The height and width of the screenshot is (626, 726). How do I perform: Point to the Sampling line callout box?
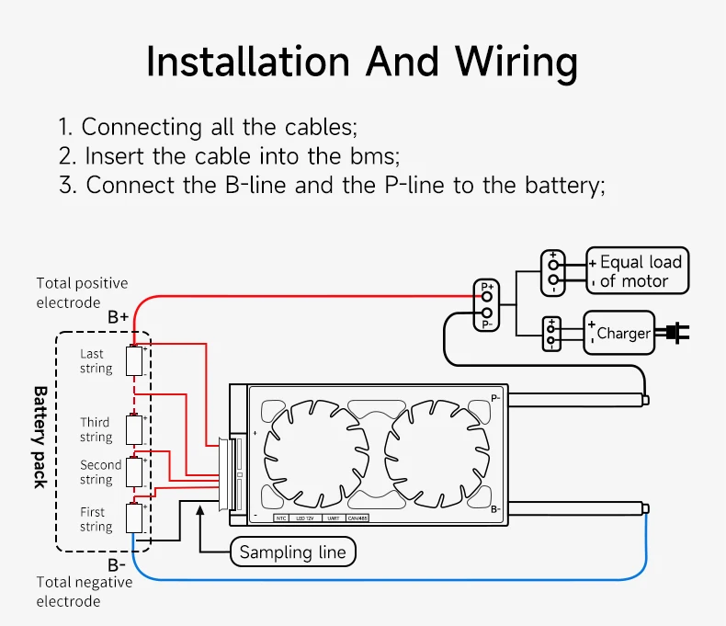(292, 552)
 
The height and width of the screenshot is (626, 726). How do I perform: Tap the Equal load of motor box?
(638, 271)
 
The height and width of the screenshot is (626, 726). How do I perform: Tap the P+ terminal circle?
(487, 296)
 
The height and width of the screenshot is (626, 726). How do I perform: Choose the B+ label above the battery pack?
(118, 317)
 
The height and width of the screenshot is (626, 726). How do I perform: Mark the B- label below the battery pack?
(117, 564)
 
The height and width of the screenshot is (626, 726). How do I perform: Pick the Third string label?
(96, 429)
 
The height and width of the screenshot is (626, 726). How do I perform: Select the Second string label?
(100, 472)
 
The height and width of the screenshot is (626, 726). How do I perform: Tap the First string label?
(95, 519)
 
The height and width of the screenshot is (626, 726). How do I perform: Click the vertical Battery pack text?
(40, 437)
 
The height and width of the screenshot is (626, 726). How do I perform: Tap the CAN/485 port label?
(357, 518)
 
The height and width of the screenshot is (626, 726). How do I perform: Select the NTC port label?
(281, 518)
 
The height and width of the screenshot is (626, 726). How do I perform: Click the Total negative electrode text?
(84, 591)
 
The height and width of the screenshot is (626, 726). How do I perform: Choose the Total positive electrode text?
(82, 292)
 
